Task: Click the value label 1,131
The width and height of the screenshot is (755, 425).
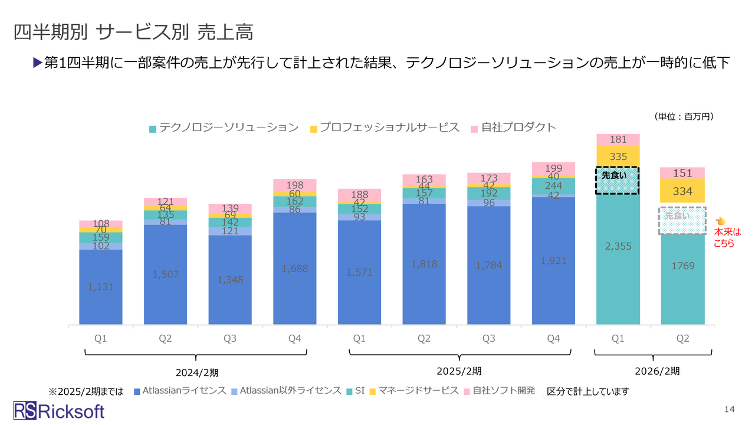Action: coord(100,287)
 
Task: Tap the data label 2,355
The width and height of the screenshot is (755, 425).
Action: coord(618,246)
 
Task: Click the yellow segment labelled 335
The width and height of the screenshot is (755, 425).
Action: coord(618,156)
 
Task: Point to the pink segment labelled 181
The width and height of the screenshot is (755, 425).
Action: coord(618,140)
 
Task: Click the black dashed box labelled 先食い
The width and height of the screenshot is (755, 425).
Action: coord(618,181)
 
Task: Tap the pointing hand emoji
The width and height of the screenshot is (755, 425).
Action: coord(719,221)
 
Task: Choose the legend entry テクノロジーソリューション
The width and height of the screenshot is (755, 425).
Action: coord(224,127)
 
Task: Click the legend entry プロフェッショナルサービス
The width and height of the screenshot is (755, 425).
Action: coord(384,127)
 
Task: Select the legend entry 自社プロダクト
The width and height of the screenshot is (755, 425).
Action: coord(513,127)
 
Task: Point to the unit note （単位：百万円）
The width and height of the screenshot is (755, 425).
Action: coord(684,117)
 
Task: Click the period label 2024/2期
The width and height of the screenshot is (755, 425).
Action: coord(196,372)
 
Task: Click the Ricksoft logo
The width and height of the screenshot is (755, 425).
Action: coord(59,411)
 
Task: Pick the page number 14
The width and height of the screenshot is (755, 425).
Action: coord(729,410)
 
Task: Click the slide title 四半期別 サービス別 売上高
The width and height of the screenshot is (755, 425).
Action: coord(133,32)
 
